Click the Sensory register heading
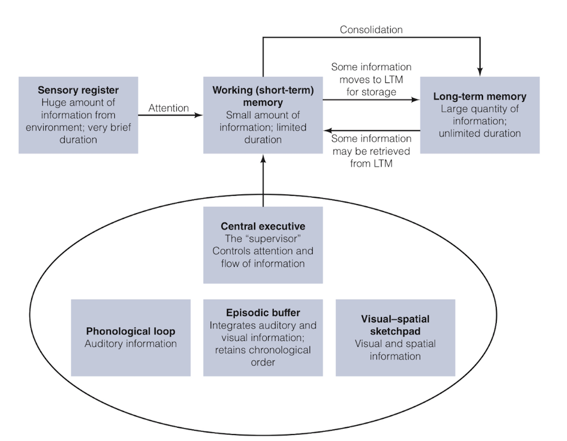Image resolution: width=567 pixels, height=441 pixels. (78, 90)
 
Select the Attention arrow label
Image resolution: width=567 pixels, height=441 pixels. (168, 108)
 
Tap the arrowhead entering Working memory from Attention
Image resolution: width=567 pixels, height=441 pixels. (199, 115)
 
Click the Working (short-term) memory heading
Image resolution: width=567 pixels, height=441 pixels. (263, 96)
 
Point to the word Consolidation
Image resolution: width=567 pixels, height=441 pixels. (371, 30)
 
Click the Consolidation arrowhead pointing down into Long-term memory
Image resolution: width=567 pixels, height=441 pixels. (480, 72)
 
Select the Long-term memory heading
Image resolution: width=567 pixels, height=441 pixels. (480, 96)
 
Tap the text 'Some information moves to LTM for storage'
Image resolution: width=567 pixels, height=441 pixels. (371, 79)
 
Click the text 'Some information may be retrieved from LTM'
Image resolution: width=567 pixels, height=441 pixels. (371, 151)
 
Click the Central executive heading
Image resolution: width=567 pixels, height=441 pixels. (263, 226)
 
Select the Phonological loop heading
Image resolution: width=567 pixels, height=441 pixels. (131, 331)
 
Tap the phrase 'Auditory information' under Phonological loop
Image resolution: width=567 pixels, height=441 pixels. (131, 343)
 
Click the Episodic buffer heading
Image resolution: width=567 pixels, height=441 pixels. (263, 313)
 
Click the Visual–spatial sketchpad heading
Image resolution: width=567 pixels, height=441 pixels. (395, 325)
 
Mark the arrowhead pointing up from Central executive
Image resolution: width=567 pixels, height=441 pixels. (263, 159)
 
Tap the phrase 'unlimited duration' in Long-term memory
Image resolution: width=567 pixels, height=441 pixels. (480, 133)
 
